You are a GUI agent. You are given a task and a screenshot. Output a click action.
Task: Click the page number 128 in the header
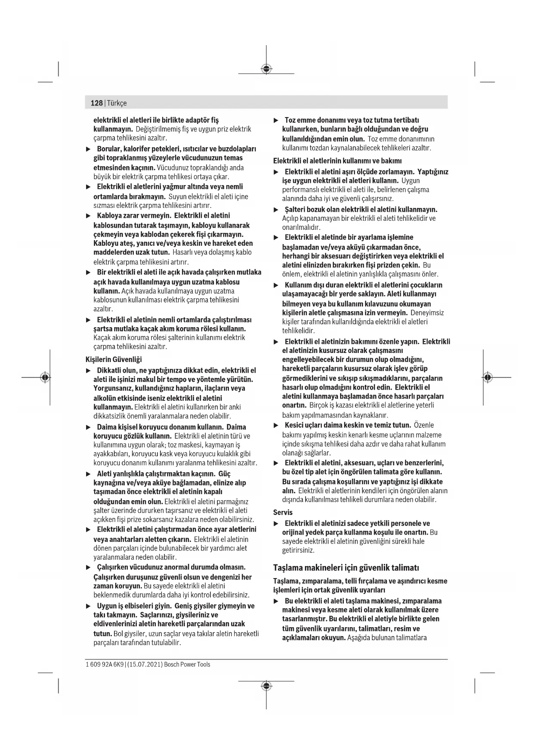click(97, 103)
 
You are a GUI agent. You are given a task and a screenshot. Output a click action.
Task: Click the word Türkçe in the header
click(117, 103)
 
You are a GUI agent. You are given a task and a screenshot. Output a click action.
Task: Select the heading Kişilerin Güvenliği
click(114, 359)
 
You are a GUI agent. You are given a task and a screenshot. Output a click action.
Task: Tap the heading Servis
click(283, 512)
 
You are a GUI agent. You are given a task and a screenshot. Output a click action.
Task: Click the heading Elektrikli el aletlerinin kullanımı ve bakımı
click(337, 161)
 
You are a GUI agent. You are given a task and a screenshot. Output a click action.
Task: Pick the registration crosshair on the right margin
click(487, 377)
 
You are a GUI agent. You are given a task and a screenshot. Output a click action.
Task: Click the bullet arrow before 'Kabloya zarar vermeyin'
click(88, 216)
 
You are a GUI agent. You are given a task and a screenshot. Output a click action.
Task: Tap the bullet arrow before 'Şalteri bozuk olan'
click(276, 210)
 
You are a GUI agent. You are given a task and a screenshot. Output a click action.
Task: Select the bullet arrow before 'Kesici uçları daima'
click(276, 425)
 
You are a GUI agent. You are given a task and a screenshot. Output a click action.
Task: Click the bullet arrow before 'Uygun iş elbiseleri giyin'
click(88, 606)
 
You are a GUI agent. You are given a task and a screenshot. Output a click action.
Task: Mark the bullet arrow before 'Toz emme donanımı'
click(276, 120)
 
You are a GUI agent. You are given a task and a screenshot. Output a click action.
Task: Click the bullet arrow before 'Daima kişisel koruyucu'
click(88, 427)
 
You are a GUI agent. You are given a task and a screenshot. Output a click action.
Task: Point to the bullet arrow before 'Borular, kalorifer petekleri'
click(88, 149)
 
